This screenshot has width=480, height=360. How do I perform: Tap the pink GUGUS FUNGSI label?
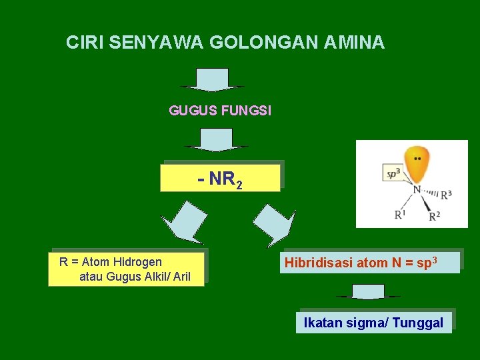[220, 111]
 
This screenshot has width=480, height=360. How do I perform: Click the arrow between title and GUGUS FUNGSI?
[213, 79]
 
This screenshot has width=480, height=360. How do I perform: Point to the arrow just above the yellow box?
[216, 140]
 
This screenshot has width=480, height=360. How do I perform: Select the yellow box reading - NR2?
[220, 178]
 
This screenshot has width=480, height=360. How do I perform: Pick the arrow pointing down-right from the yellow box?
[273, 224]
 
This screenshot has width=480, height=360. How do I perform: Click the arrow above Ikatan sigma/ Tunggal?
[369, 292]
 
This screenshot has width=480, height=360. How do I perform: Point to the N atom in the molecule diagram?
[417, 190]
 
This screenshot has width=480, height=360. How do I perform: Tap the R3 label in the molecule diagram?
[446, 195]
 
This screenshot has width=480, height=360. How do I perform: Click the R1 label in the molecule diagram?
[399, 215]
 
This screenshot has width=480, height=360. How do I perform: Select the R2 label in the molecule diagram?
[434, 216]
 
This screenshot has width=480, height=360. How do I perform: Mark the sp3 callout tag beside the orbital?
[393, 173]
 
